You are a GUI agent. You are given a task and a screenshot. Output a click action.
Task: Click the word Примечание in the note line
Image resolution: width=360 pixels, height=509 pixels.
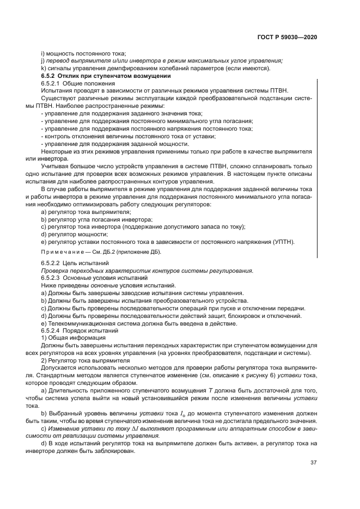click(x=60, y=252)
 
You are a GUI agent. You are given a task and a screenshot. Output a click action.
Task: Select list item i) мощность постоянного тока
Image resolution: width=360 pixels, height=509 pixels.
click(x=83, y=53)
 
